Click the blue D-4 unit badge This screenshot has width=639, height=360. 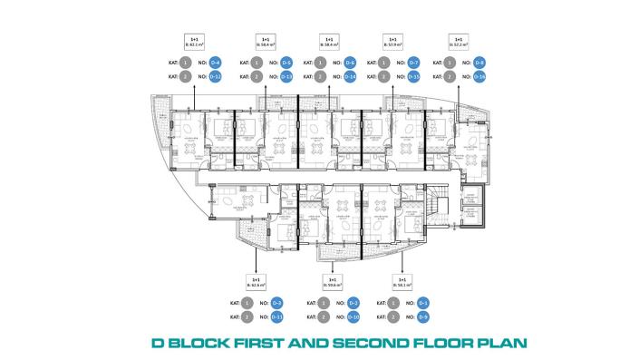click(216, 63)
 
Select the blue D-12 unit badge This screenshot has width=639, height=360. click(216, 77)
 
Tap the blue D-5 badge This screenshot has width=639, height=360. click(286, 63)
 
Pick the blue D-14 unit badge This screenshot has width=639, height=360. click(350, 77)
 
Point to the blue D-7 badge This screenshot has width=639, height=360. click(413, 63)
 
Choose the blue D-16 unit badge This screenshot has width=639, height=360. click(479, 77)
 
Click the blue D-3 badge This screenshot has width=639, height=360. click(277, 302)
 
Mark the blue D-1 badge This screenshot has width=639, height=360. click(422, 302)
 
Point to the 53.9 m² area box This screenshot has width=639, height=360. click(392, 42)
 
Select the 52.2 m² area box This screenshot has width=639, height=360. click(459, 42)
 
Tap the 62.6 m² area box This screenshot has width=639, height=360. click(257, 282)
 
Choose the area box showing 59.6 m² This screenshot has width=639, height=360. click(332, 282)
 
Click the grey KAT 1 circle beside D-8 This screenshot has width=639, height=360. click(450, 63)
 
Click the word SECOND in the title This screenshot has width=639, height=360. click(366, 344)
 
